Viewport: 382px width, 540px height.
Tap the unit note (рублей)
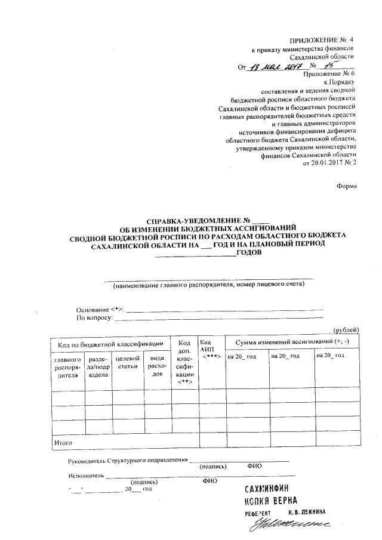tap(346, 329)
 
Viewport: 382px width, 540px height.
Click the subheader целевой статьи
tap(127, 363)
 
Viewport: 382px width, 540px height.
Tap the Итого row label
tap(63, 443)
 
